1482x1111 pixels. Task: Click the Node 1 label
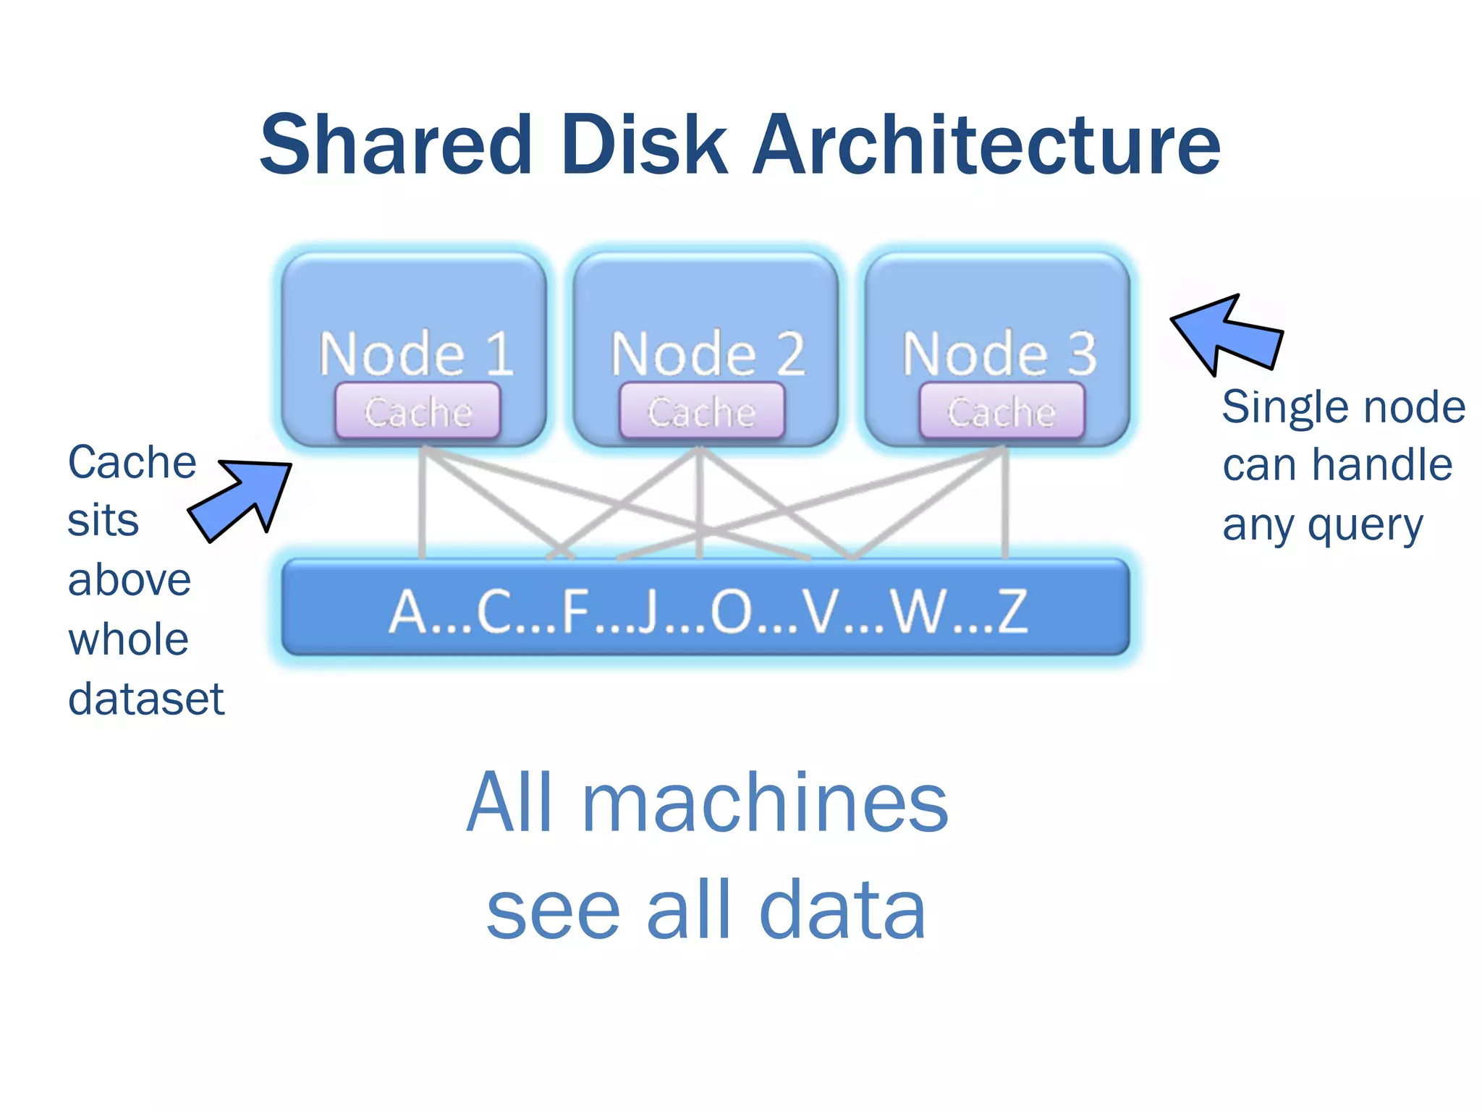tap(416, 354)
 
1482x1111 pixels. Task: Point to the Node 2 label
tap(708, 354)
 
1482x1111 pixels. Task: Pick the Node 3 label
tap(999, 354)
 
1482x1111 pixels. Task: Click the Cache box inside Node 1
tap(418, 412)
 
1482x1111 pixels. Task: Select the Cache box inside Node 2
tap(702, 412)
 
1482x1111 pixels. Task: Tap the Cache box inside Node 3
tap(1002, 412)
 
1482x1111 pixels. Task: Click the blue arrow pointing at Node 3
tap(1230, 335)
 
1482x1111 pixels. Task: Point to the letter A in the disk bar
tap(409, 612)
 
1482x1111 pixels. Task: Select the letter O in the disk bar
tap(732, 612)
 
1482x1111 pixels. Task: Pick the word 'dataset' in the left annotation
tap(145, 699)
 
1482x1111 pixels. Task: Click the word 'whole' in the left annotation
tap(128, 640)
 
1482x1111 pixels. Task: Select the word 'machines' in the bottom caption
tap(765, 803)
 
